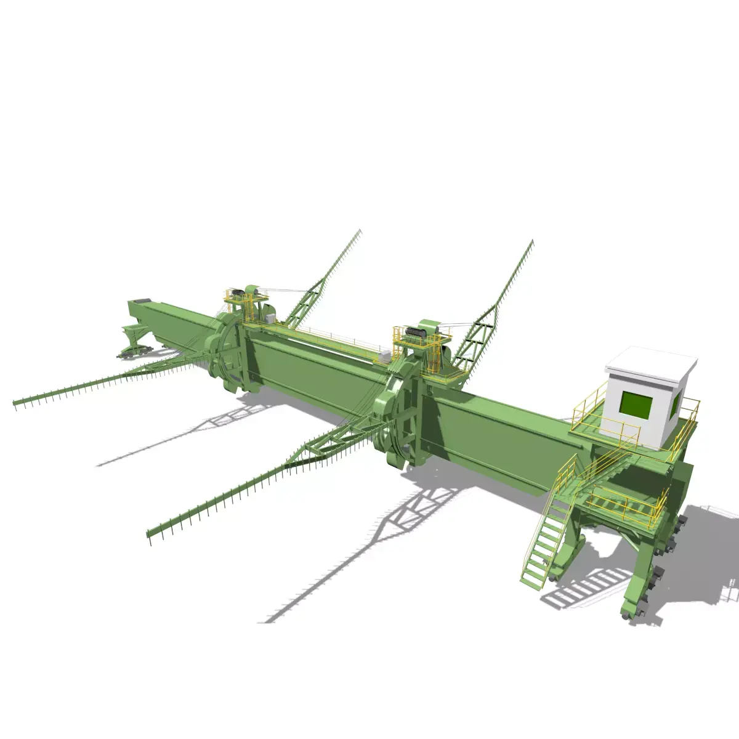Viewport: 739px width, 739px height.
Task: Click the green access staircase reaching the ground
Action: click(x=544, y=542)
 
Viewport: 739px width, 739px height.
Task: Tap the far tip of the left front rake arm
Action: click(x=16, y=403)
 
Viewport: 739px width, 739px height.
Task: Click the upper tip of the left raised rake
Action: click(x=360, y=232)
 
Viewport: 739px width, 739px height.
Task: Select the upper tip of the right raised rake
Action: click(x=531, y=242)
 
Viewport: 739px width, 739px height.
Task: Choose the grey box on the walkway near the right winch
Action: click(x=385, y=355)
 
